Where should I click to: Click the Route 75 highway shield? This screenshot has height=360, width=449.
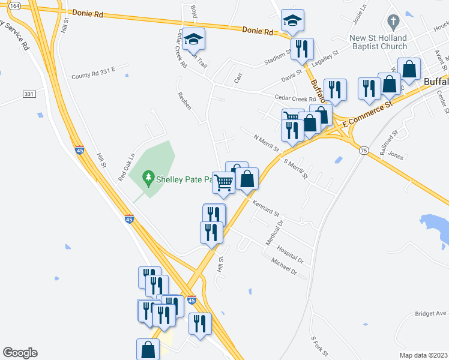(364, 150)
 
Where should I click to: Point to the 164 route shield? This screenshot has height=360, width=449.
(15, 6)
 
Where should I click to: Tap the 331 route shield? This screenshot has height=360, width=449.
(29, 95)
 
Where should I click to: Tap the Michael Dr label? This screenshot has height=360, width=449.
(284, 267)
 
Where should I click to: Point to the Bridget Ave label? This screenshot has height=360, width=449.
(430, 314)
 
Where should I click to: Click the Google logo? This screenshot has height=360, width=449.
(20, 353)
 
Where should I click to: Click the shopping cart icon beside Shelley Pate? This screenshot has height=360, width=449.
(224, 183)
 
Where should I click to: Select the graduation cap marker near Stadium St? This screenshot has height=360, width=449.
(292, 21)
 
